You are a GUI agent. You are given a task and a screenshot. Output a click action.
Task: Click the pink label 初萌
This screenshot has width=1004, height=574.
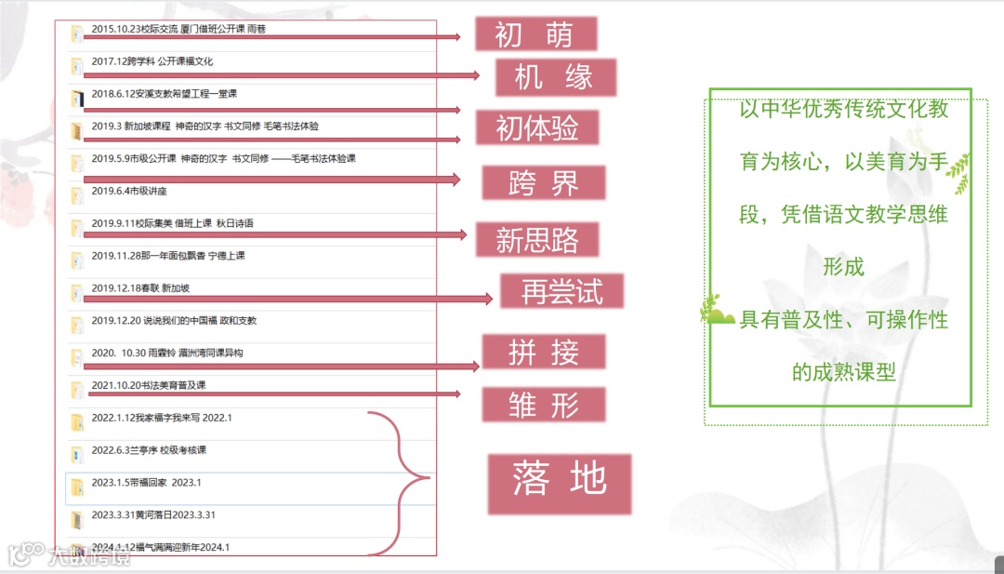coord(535,34)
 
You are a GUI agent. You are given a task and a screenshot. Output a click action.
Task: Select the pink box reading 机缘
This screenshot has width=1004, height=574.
coord(556,77)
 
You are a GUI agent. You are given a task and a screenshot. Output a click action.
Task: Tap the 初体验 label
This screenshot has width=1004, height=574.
coord(536,128)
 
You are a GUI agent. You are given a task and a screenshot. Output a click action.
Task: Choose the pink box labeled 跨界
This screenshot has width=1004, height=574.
coord(543,183)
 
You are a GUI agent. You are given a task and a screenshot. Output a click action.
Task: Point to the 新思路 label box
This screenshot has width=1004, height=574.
coord(536,240)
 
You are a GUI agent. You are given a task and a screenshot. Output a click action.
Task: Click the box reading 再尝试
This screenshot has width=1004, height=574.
coord(561,292)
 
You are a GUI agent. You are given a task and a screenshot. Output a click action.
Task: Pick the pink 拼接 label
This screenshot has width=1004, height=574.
coord(543,353)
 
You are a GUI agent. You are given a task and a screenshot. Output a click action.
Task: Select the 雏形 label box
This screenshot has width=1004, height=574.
coord(543,405)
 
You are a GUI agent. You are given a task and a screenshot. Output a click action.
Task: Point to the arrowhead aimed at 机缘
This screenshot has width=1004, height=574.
coord(475,76)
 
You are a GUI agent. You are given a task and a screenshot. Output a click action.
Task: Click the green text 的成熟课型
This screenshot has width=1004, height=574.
coord(843,372)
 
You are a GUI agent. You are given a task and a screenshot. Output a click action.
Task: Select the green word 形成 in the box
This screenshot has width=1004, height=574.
coord(843,267)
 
